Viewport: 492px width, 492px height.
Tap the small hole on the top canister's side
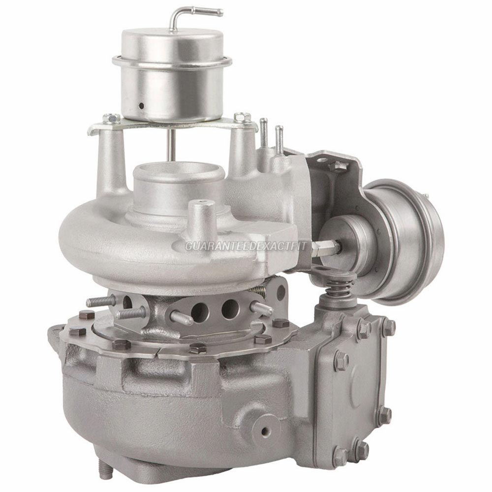141,105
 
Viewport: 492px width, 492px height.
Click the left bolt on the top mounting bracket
112,119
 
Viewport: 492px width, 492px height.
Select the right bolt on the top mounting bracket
242,118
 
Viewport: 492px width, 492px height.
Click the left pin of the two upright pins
264,132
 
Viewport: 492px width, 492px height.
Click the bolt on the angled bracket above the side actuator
340,167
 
